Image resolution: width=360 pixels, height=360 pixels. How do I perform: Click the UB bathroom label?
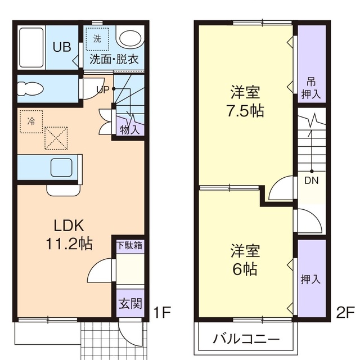61,47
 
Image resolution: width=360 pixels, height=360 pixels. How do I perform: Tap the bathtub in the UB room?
33,47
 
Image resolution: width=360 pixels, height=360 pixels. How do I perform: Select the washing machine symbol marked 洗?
97,40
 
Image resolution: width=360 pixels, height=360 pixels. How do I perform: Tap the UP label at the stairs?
103,89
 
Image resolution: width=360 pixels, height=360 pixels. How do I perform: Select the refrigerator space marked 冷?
30,120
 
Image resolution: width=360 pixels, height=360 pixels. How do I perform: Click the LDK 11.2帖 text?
69,235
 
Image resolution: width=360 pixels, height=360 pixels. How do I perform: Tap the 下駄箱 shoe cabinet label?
129,246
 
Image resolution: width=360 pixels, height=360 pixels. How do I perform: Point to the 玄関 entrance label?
129,305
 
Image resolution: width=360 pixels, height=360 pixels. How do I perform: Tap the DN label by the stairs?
311,181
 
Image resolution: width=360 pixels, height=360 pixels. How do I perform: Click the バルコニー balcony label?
246,339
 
